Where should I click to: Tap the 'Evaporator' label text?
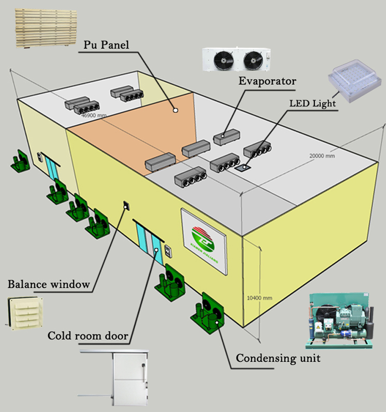tap(267, 81)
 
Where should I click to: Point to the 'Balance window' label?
tap(49, 284)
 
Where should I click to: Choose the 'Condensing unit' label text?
tap(278, 358)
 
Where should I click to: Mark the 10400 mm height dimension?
tap(259, 298)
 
